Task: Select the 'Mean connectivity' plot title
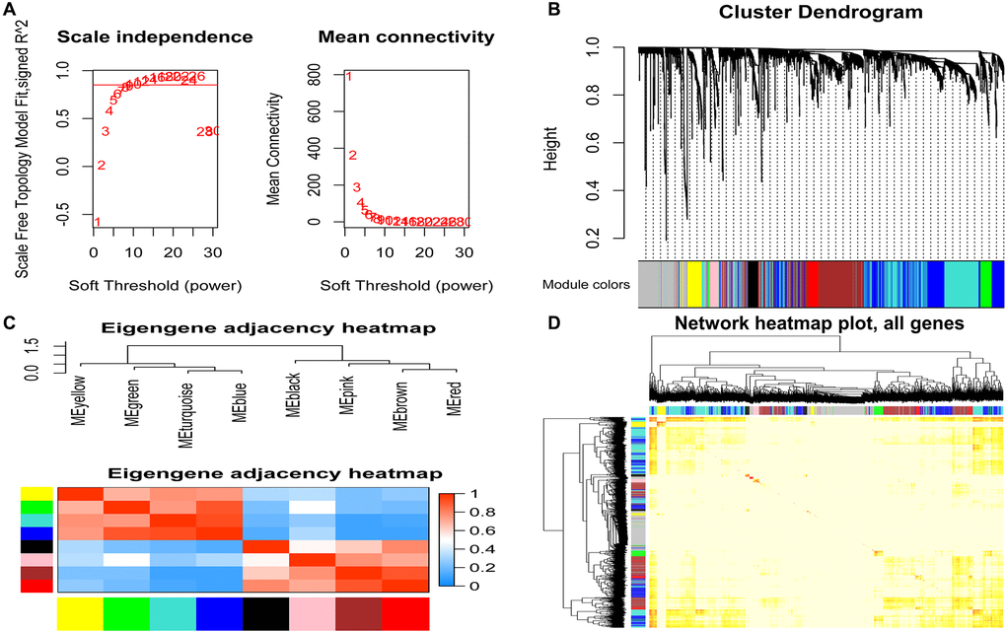pyautogui.click(x=406, y=37)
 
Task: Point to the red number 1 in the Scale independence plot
pyautogui.click(x=97, y=222)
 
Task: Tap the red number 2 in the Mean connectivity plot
pyautogui.click(x=352, y=155)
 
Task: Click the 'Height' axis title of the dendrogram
pyautogui.click(x=552, y=143)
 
